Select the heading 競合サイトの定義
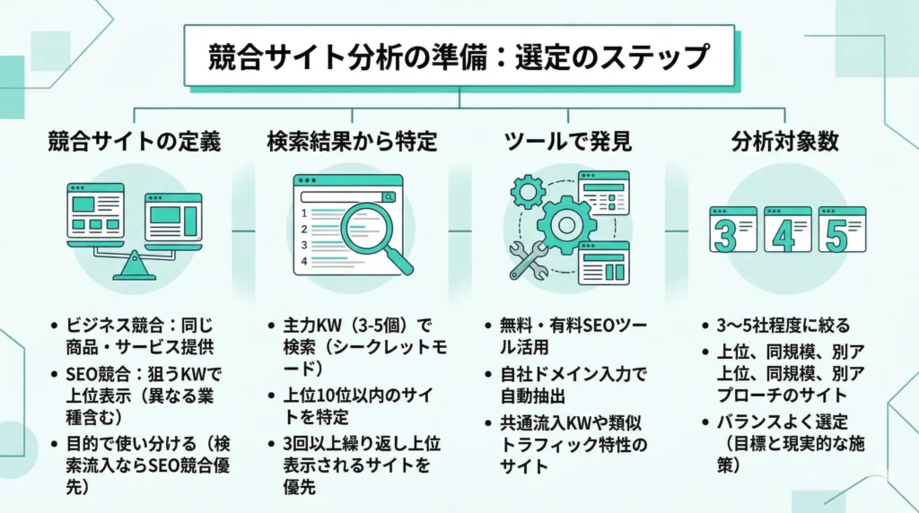134,143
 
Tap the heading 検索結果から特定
352,143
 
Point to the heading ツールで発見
567,143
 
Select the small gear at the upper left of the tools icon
527,190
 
